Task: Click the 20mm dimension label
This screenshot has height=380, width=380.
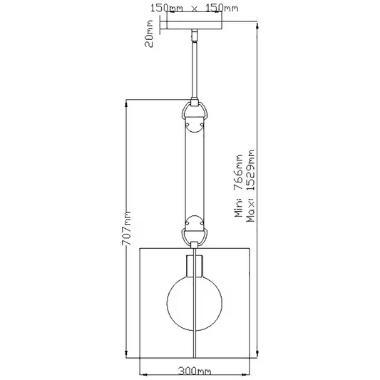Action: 149,34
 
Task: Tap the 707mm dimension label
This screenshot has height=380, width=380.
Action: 126,229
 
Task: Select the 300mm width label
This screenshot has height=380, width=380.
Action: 195,371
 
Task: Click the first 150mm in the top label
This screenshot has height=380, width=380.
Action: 167,8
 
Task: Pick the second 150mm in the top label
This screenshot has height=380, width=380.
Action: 222,8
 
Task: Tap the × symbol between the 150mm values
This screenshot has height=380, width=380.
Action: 195,9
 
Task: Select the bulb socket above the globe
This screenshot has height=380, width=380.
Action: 195,266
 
